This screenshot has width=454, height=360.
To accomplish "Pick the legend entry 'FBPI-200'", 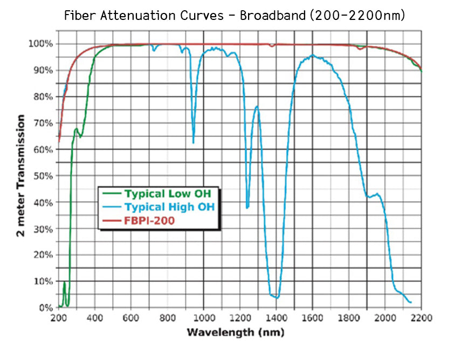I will point(149,220).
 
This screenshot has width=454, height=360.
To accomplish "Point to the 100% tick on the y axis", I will point(41,44).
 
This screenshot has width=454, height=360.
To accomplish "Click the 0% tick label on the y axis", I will point(45,308).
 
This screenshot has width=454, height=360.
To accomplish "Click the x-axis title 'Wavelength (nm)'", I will point(235,332).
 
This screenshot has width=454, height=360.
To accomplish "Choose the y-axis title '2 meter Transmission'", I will point(22,175).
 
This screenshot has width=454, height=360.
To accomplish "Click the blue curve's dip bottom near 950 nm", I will point(194,142).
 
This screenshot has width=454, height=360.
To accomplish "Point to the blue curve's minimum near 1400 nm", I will point(277,297).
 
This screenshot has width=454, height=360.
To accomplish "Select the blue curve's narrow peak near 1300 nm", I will point(257,106).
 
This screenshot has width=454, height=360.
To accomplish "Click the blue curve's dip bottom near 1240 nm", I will point(247,207).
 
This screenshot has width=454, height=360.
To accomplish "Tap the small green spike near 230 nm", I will point(64,282).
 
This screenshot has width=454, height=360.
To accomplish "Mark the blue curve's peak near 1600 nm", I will point(312,55).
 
